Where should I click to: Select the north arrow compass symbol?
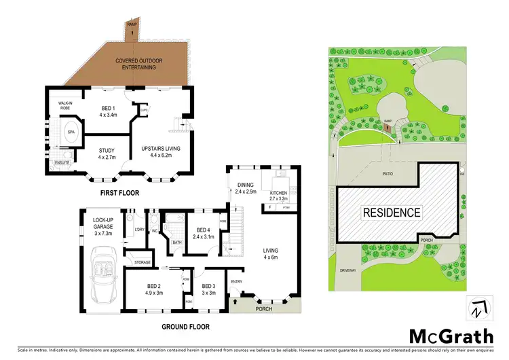(477, 308)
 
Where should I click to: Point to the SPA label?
(71, 132)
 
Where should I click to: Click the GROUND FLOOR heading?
(185, 327)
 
